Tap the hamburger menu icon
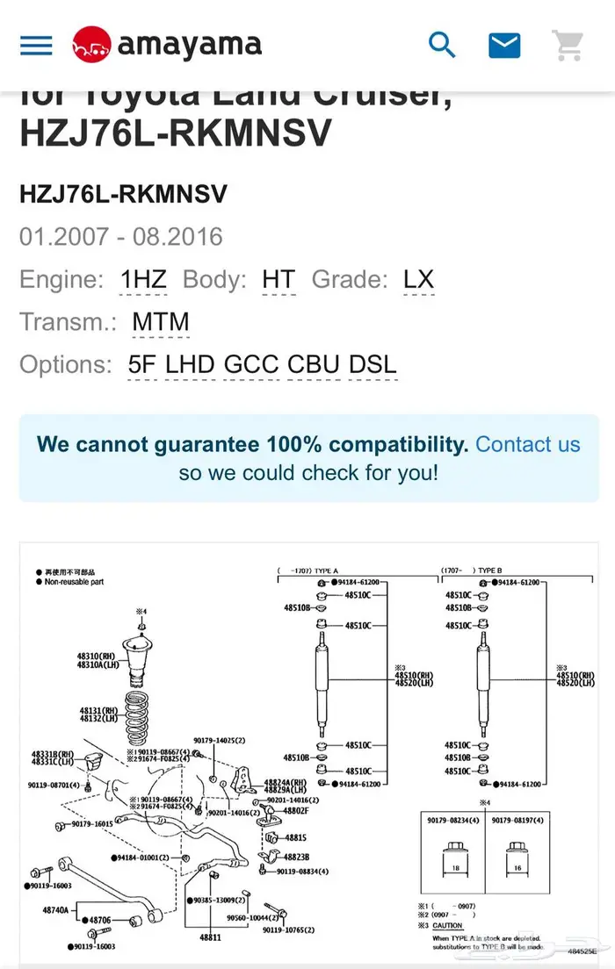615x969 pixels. coord(36,45)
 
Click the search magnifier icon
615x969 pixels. coord(442,45)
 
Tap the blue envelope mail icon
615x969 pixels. coord(504,45)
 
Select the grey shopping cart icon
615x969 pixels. coord(568,45)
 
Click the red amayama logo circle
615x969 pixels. coord(91,45)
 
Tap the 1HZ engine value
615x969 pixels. coord(143,280)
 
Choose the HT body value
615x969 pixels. coord(279,280)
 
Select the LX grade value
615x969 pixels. coord(418,280)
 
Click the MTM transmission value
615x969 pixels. coord(161,322)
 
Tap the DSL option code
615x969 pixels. coord(373,364)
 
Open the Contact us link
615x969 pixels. coord(528,444)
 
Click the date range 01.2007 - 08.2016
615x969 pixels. coord(121,237)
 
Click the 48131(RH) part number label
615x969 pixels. coord(96,710)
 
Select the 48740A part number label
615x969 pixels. coord(55,911)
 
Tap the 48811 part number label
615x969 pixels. coord(210,937)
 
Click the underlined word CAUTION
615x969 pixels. coord(447,926)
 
